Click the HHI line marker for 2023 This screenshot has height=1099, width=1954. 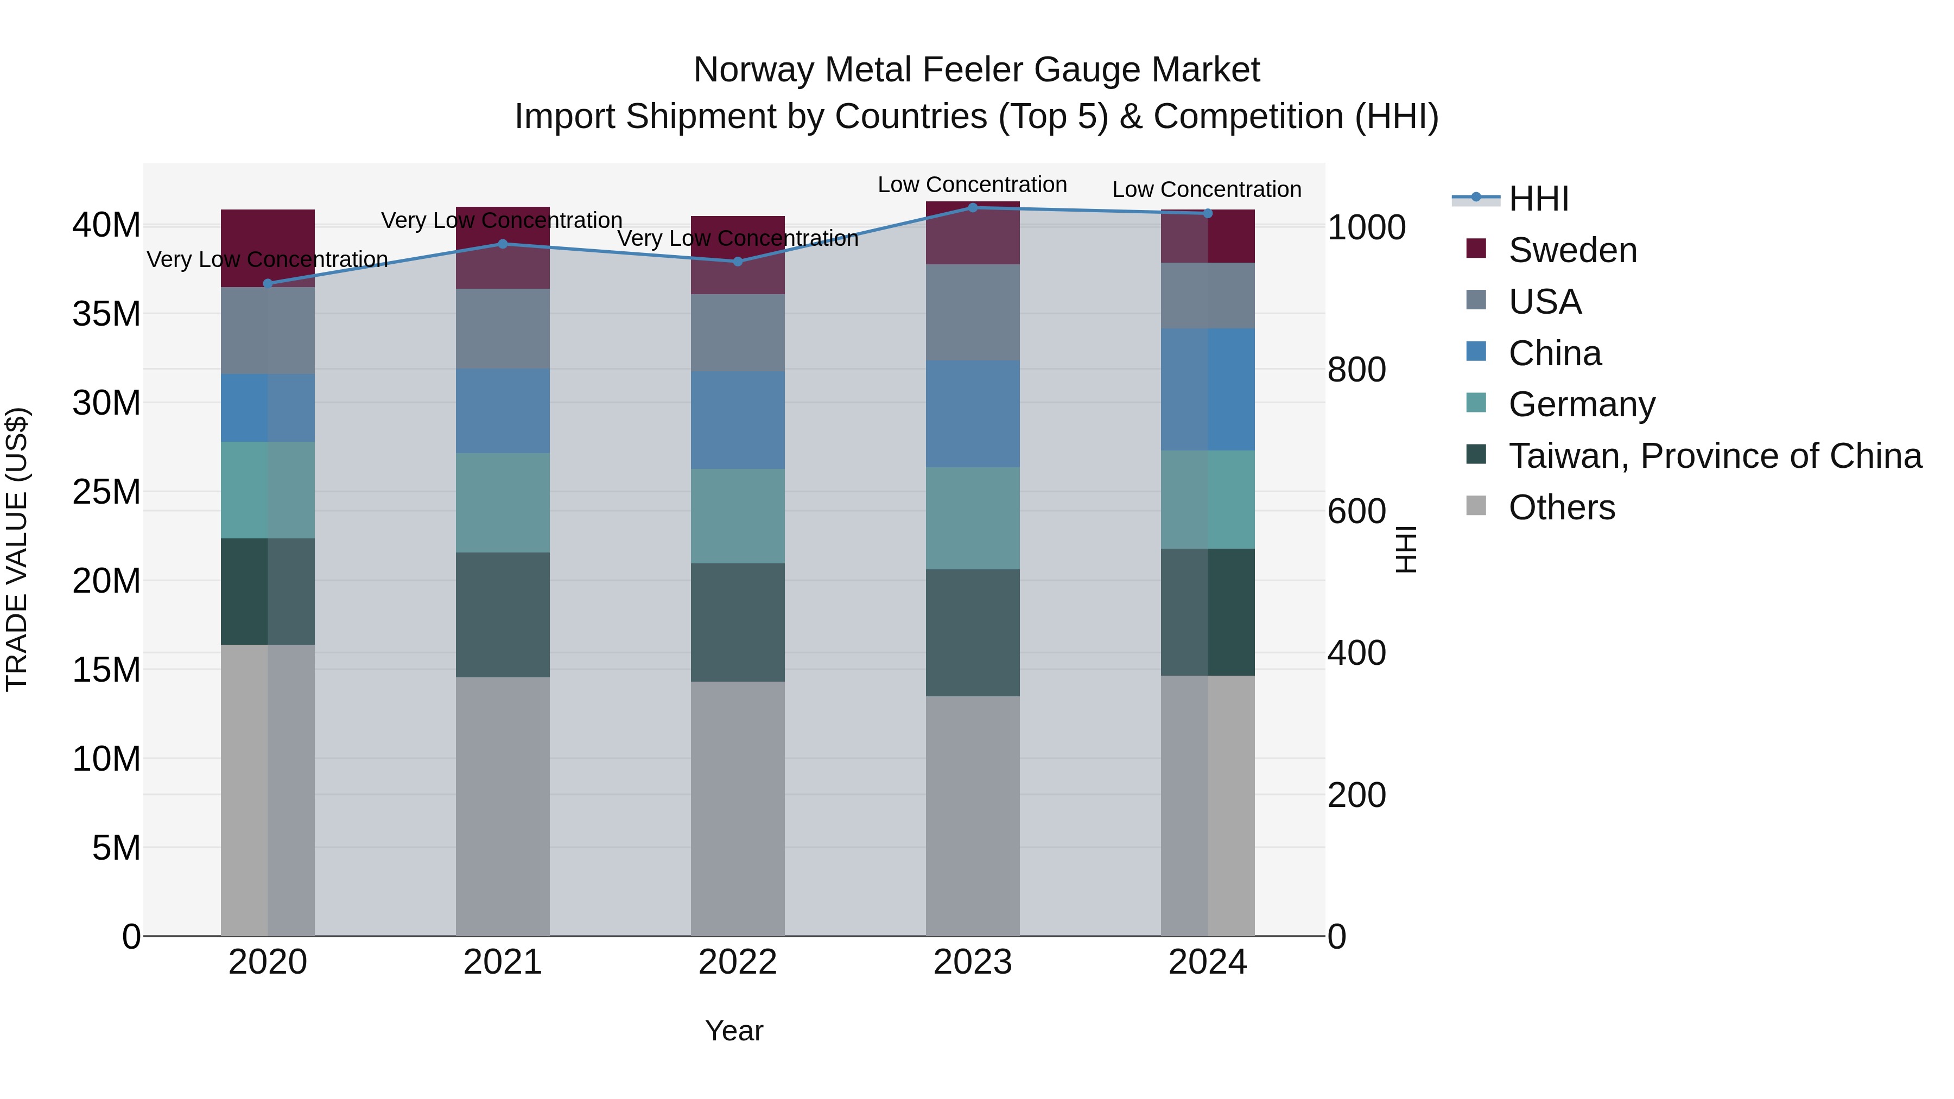coord(973,207)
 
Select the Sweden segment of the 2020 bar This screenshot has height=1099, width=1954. coord(268,248)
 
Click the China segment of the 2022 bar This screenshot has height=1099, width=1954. coord(737,420)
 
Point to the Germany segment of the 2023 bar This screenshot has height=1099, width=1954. coord(973,518)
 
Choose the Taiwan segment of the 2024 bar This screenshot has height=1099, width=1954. coord(1208,612)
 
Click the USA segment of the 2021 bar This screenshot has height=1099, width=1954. coord(502,328)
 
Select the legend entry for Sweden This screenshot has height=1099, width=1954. coord(1572,250)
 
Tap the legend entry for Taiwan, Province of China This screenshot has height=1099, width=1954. coord(1714,456)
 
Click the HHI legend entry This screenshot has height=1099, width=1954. coord(1538,199)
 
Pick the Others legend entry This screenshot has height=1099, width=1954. coord(1561,507)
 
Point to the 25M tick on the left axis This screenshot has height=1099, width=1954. coord(106,492)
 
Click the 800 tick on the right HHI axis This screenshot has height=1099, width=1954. coord(1356,370)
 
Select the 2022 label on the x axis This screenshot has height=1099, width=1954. coord(737,962)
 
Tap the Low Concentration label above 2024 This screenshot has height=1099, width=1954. coord(1206,189)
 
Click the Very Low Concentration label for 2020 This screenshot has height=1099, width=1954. coord(267,259)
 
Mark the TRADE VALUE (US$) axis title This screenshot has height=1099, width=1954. coord(17,549)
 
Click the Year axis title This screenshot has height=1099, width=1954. coord(733,1031)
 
